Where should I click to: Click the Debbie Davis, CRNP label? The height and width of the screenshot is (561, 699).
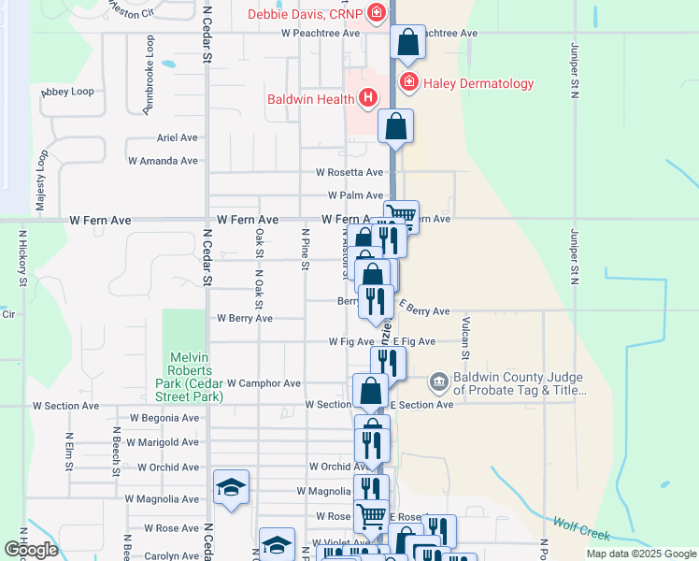click(x=307, y=13)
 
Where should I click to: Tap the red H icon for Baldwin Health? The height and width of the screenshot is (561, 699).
click(x=369, y=97)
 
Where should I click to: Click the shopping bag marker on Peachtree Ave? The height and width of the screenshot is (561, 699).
click(x=408, y=42)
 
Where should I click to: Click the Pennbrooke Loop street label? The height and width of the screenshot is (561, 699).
click(x=150, y=76)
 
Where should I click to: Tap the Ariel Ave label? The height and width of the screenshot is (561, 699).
click(x=178, y=137)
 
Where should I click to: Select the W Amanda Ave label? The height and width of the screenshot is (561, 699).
click(x=163, y=161)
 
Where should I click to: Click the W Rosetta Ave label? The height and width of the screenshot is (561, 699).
click(x=349, y=173)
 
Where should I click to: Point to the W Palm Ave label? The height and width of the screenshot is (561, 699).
click(x=355, y=195)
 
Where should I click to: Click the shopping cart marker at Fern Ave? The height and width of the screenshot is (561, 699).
click(x=401, y=214)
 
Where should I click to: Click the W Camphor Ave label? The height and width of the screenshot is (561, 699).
click(x=264, y=383)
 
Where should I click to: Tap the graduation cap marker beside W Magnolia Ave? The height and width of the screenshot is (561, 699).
click(x=231, y=487)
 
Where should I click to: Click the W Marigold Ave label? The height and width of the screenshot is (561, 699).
click(x=163, y=442)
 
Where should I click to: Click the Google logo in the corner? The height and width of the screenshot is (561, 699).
click(x=30, y=549)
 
